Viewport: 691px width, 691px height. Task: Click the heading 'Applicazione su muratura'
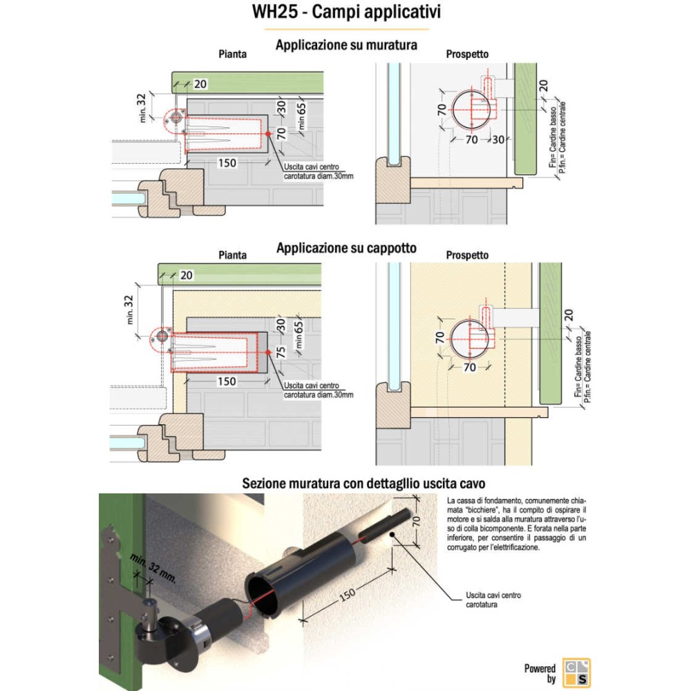(346, 46)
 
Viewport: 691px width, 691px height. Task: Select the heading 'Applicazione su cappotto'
(346, 248)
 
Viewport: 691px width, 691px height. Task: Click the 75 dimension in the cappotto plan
(281, 350)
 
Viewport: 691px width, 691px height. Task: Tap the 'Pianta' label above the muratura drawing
(232, 54)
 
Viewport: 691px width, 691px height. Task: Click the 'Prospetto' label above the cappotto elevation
(467, 255)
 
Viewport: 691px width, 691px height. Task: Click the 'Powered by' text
(540, 674)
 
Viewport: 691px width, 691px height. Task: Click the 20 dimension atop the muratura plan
(200, 84)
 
